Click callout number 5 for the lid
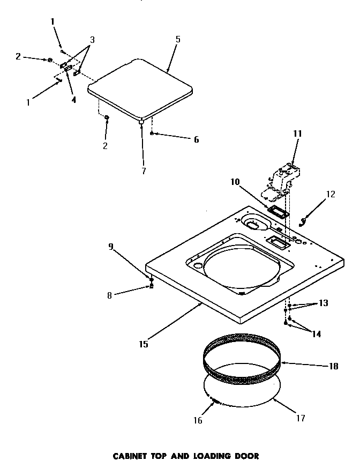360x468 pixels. (x=177, y=39)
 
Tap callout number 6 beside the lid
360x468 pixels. (x=196, y=139)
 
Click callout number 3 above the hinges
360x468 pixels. (x=93, y=40)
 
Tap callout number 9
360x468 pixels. (x=110, y=247)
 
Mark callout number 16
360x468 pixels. (x=198, y=420)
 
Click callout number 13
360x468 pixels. (x=323, y=303)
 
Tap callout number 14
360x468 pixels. (x=317, y=333)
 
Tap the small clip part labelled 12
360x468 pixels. (x=304, y=220)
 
